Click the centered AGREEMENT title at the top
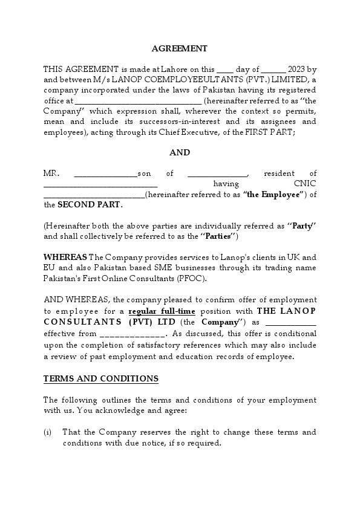tap(179, 48)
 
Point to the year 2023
tap(298, 70)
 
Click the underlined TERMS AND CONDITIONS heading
tap(101, 378)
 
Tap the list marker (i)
tap(48, 432)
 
